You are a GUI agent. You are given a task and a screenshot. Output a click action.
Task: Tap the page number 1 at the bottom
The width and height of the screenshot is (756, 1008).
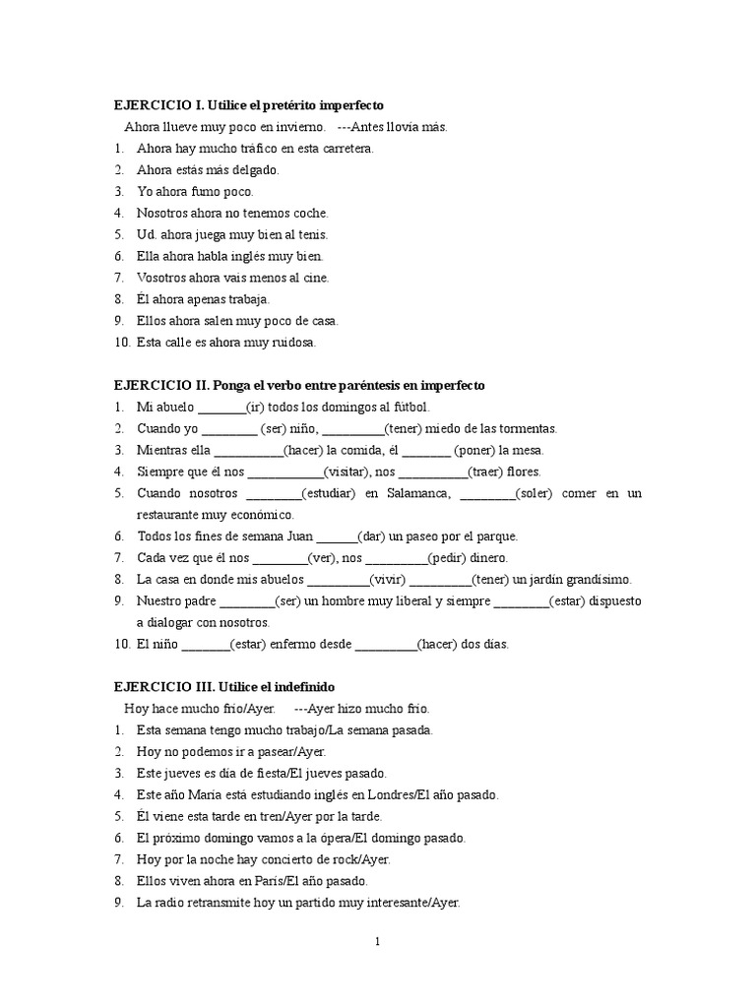coord(377,941)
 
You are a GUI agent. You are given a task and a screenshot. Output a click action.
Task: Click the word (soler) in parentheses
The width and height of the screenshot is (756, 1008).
coord(535,493)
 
